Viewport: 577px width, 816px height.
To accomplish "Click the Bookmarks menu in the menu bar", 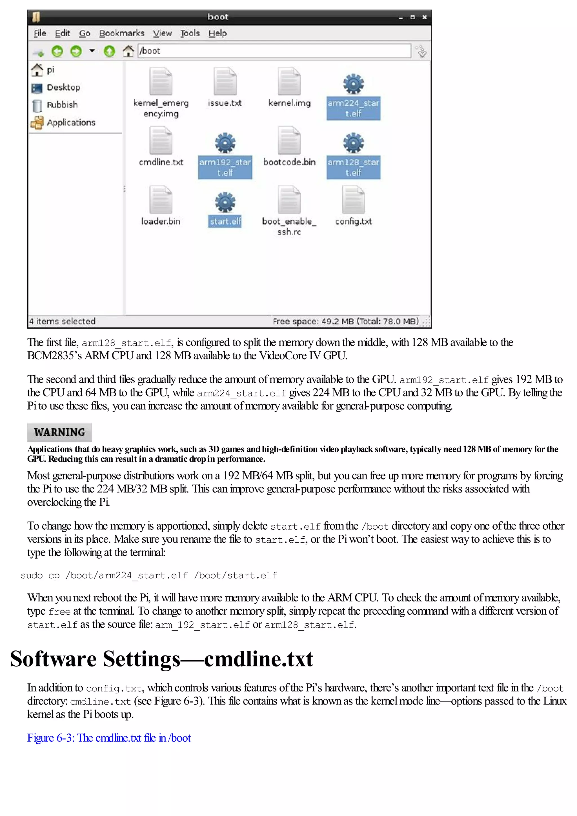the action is point(122,34).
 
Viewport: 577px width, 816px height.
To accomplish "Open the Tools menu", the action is point(190,34).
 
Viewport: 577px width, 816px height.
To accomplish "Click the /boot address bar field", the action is point(274,51).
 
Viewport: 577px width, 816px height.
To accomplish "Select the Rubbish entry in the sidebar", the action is point(62,105).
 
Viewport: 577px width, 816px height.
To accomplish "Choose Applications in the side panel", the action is point(71,122).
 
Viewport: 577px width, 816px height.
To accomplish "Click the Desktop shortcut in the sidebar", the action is point(63,87).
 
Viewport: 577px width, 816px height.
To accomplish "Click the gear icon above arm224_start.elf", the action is point(353,84).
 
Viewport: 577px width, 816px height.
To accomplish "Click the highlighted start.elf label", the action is point(225,221).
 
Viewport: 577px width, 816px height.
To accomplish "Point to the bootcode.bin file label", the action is point(289,162).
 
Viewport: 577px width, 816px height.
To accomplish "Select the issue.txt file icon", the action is point(225,81).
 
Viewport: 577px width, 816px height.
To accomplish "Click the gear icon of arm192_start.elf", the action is point(225,143).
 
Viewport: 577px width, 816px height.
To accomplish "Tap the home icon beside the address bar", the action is point(128,51).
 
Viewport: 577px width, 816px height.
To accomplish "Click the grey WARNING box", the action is point(59,432).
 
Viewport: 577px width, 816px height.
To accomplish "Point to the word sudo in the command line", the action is point(32,575).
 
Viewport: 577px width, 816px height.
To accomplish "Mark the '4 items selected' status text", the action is point(62,321).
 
